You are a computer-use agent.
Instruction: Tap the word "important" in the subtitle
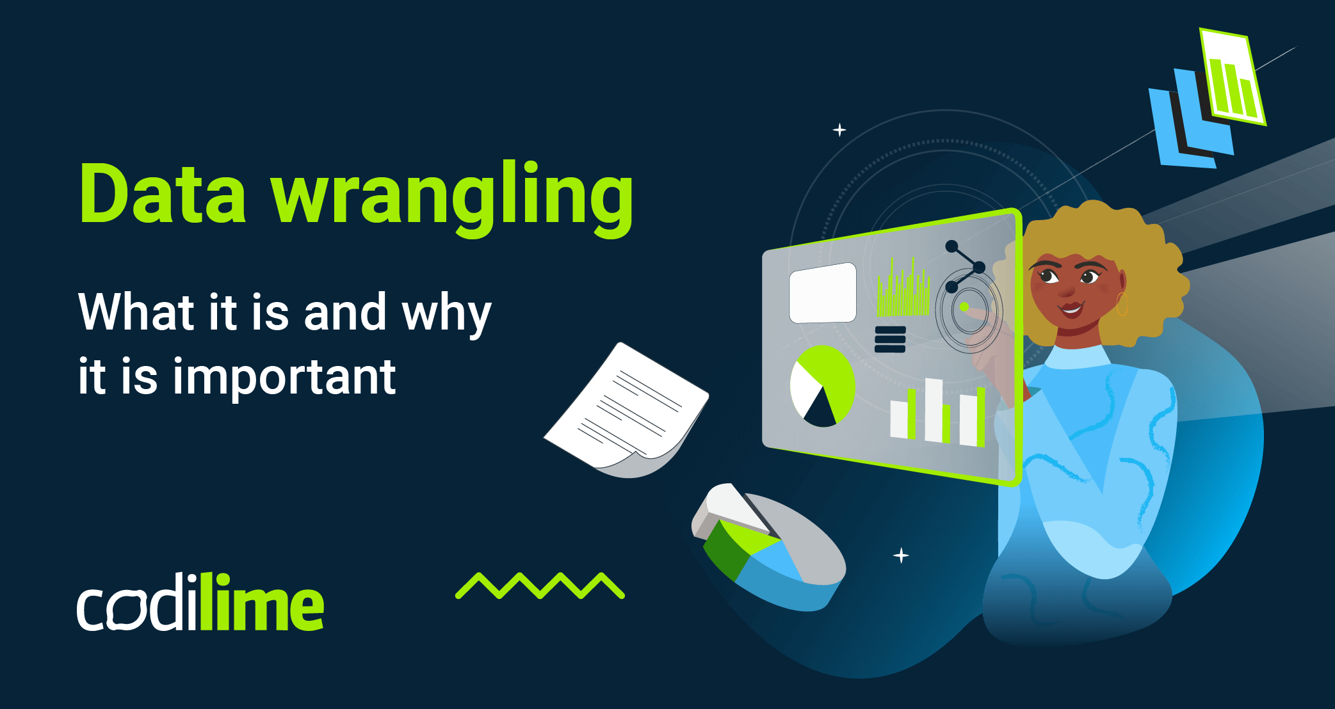pyautogui.click(x=285, y=377)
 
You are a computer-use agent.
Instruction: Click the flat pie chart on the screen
pyautogui.click(x=823, y=386)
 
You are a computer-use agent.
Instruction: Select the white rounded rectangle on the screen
pyautogui.click(x=823, y=292)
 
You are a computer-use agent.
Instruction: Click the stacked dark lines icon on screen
pyautogui.click(x=890, y=339)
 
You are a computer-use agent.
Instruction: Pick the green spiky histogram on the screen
pyautogui.click(x=903, y=291)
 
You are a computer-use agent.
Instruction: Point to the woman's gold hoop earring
pyautogui.click(x=1122, y=305)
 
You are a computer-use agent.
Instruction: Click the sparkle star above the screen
pyautogui.click(x=839, y=130)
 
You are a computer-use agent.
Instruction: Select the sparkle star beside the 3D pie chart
pyautogui.click(x=901, y=555)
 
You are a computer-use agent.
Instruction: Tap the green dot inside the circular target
pyautogui.click(x=964, y=307)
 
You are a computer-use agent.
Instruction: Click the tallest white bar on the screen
pyautogui.click(x=933, y=410)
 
